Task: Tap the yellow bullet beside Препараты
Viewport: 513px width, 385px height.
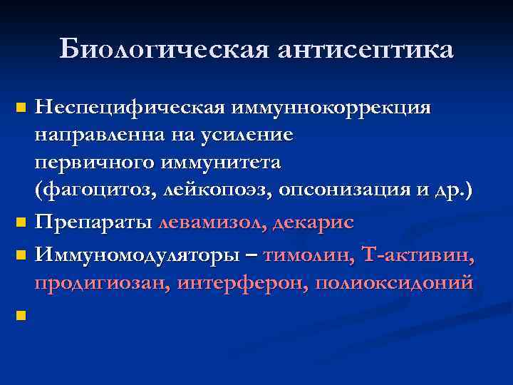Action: pos(21,222)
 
